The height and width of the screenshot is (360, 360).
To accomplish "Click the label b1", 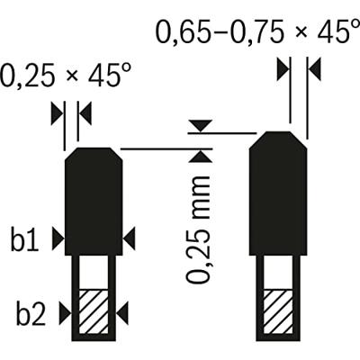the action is [25, 239].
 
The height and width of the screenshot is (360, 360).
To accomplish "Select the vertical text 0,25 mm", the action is [198, 229].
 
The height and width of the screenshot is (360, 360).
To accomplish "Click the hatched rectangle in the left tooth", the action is [94, 311].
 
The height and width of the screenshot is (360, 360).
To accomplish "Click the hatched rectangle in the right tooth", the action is [278, 311].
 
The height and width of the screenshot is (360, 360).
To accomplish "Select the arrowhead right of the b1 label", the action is [58, 238].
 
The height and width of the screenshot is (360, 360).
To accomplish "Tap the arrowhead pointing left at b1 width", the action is [130, 238].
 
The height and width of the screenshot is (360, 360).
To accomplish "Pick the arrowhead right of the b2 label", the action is [65, 313].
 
